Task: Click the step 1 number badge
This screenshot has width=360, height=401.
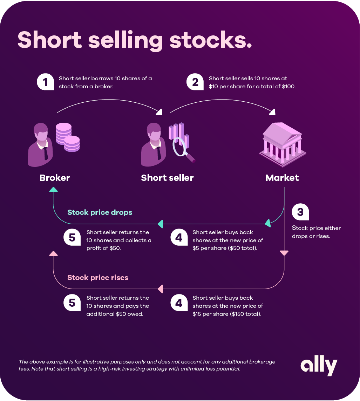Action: tap(45, 82)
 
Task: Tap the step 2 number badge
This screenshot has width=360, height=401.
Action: tap(195, 82)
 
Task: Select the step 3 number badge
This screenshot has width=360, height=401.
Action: tap(300, 212)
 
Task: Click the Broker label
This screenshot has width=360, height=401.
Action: tap(55, 178)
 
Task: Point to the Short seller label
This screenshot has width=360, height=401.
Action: tap(167, 178)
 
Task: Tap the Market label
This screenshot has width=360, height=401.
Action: tap(282, 178)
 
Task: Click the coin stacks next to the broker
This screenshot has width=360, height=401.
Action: tap(67, 137)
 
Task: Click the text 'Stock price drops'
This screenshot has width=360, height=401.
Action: tap(100, 212)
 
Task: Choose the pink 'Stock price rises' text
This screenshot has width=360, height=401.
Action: tap(98, 278)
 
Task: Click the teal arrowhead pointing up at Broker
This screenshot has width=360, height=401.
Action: tap(53, 189)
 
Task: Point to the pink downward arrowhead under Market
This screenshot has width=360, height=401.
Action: tap(284, 253)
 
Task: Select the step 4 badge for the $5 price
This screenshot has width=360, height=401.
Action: tap(179, 237)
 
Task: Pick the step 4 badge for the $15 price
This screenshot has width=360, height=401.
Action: tap(179, 303)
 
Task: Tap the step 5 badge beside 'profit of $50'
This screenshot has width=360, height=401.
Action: tap(72, 237)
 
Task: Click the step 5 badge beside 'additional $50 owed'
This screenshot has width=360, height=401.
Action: tap(72, 303)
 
